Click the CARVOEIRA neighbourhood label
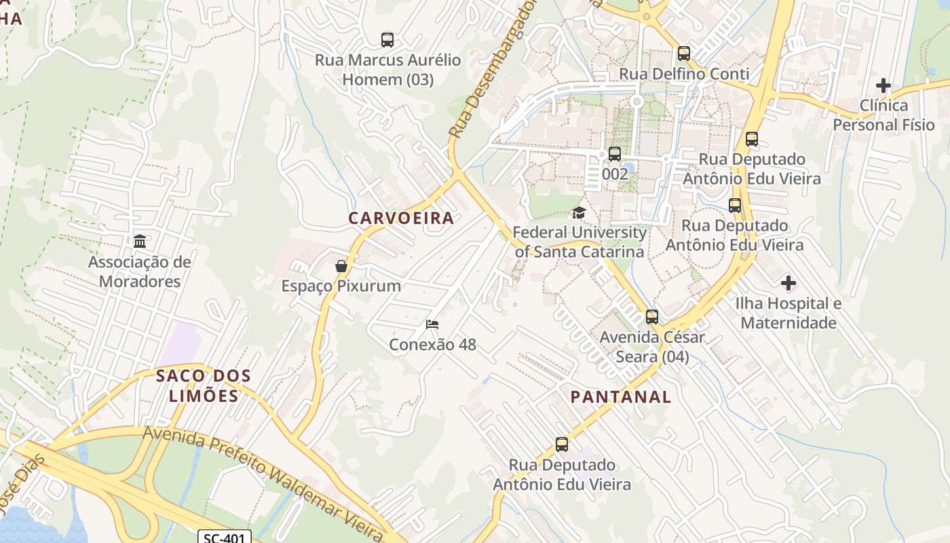coord(401,218)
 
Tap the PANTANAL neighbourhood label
coord(620,397)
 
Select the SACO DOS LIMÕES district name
coord(204,386)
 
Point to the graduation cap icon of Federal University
coord(578,213)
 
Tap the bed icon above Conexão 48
coord(432,324)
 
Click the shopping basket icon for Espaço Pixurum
coord(341,266)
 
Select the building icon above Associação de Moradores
coord(140,242)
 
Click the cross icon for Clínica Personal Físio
coord(883,86)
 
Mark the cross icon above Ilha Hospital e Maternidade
coord(788,282)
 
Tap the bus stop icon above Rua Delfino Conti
coord(683,54)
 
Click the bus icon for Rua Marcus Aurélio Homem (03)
coord(387,40)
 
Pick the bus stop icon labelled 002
coord(615,154)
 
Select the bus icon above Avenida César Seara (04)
coord(651,317)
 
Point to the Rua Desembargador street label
coord(491,71)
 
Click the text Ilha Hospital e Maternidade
coord(788,313)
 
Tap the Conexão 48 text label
coord(432,345)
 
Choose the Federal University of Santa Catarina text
coord(579,242)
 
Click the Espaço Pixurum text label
coord(341,286)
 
